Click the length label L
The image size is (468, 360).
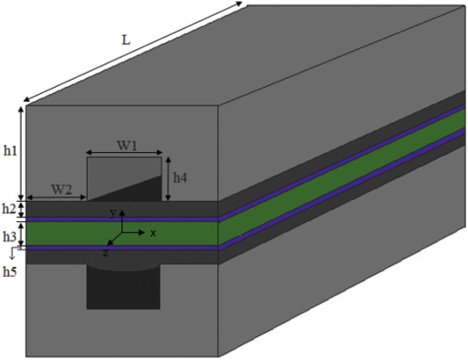click(126, 40)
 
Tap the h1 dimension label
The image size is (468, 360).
click(11, 151)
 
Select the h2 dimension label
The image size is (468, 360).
click(9, 209)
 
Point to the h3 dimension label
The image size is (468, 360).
click(10, 237)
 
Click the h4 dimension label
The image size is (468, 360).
click(180, 178)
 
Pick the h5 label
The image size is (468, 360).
click(10, 271)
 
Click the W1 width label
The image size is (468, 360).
click(126, 146)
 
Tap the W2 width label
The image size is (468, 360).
click(61, 190)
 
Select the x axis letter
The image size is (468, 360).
click(153, 234)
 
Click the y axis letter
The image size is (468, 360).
click(112, 213)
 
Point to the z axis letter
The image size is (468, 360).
click(105, 253)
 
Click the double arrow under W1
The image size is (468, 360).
click(124, 153)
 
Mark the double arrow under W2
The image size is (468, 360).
click(56, 198)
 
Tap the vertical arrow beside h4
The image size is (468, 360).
click(168, 179)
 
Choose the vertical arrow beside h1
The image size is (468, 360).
click(21, 154)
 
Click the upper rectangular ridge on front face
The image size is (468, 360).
click(124, 179)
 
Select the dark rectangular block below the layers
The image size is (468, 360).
click(123, 286)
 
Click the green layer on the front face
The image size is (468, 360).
click(122, 234)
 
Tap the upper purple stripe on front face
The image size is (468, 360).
click(122, 220)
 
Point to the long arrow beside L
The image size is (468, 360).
click(133, 52)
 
